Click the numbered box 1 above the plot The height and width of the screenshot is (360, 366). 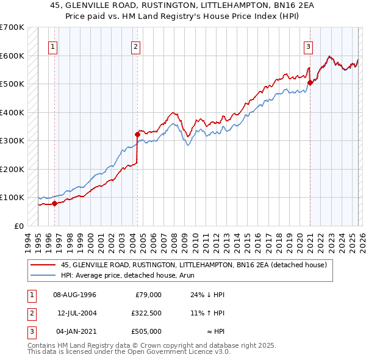point(54,46)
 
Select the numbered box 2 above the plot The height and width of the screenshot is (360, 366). point(135,46)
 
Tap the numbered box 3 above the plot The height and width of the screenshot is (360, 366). point(309,46)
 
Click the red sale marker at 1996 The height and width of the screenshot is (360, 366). point(54,204)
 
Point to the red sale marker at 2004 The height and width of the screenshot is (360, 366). point(137,134)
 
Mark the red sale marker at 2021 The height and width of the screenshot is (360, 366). point(310,82)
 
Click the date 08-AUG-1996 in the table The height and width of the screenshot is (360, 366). point(74,295)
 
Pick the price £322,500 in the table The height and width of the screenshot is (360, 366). point(146,313)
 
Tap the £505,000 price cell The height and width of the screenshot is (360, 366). point(146,331)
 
